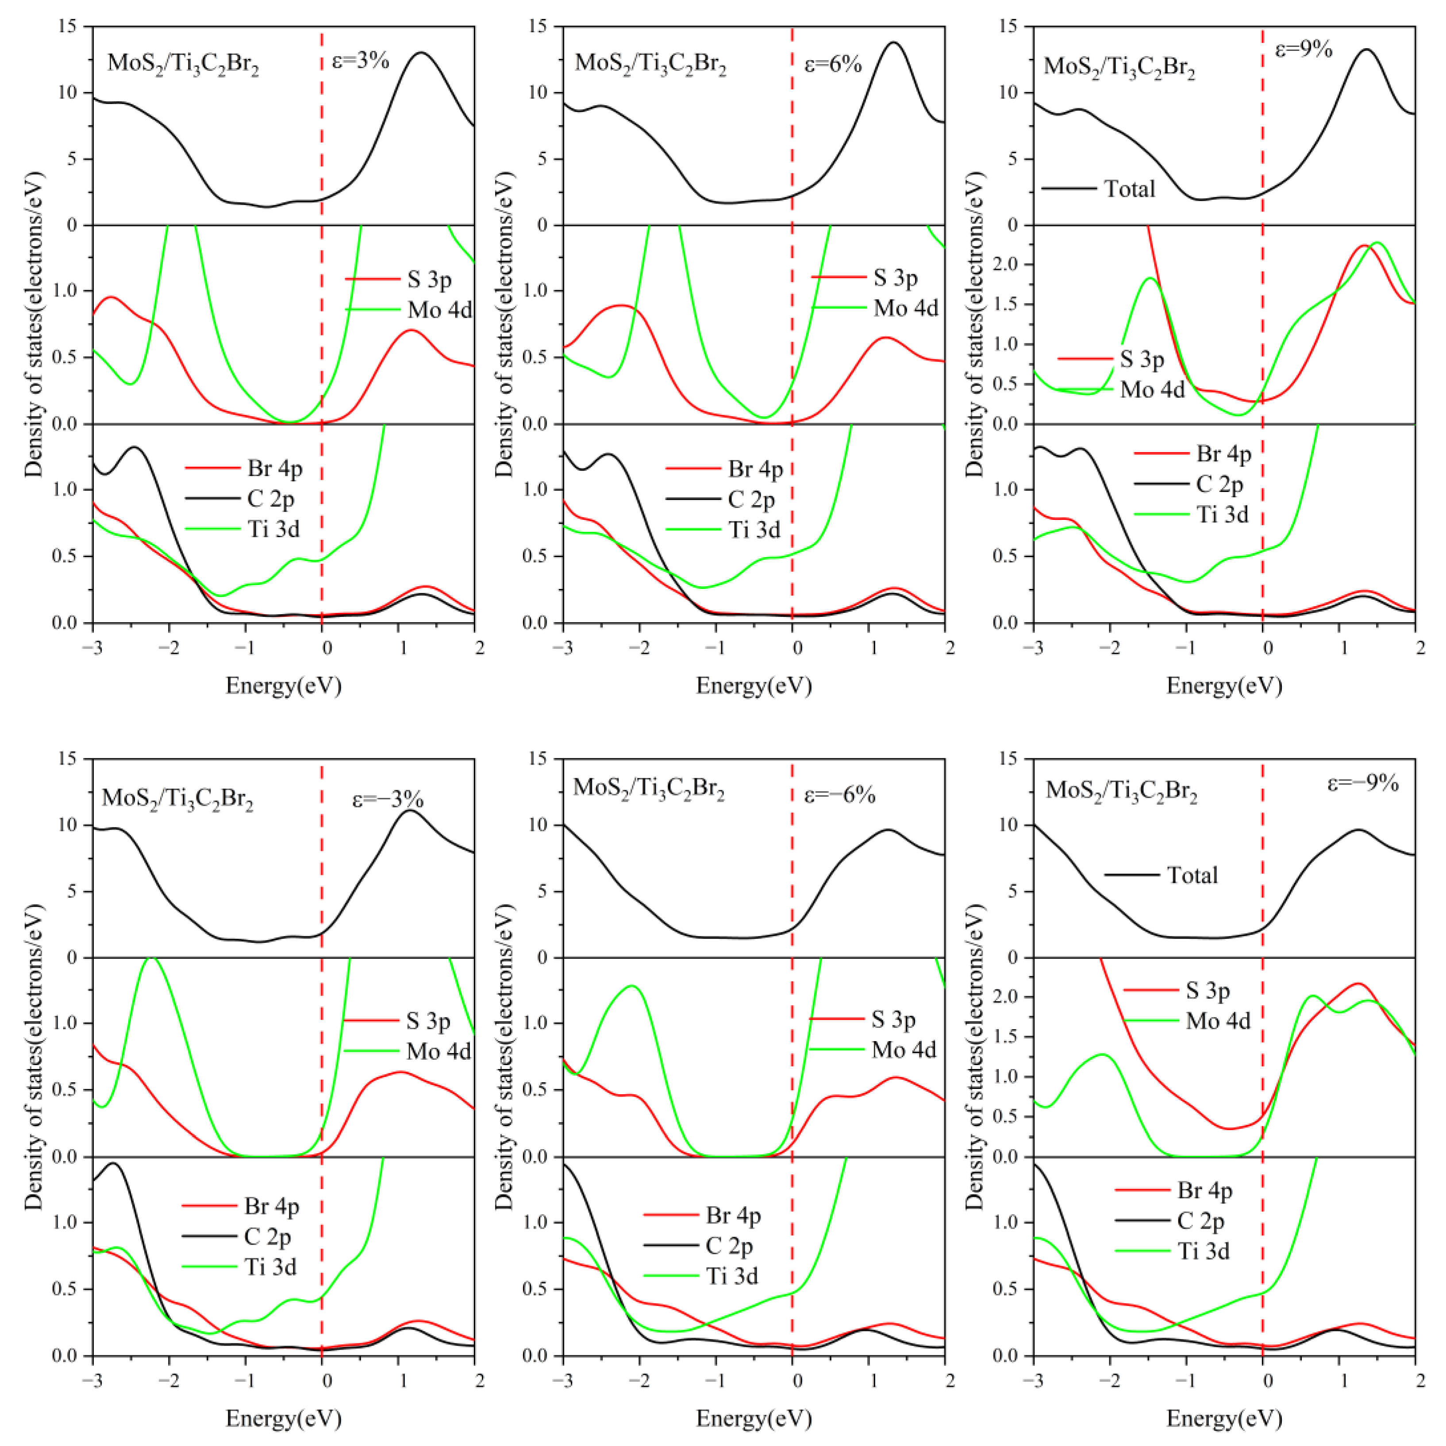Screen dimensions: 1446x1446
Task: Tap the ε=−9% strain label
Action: click(x=1362, y=783)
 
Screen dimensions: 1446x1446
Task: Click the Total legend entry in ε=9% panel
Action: click(x=1129, y=188)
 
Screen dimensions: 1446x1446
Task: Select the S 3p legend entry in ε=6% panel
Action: click(x=895, y=278)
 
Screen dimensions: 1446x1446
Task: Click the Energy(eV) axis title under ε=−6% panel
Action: click(x=754, y=1418)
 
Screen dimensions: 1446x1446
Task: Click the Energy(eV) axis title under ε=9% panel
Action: click(x=1224, y=685)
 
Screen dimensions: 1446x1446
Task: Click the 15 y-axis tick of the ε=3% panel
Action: click(x=69, y=27)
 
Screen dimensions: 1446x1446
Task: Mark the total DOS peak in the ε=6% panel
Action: click(x=893, y=42)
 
